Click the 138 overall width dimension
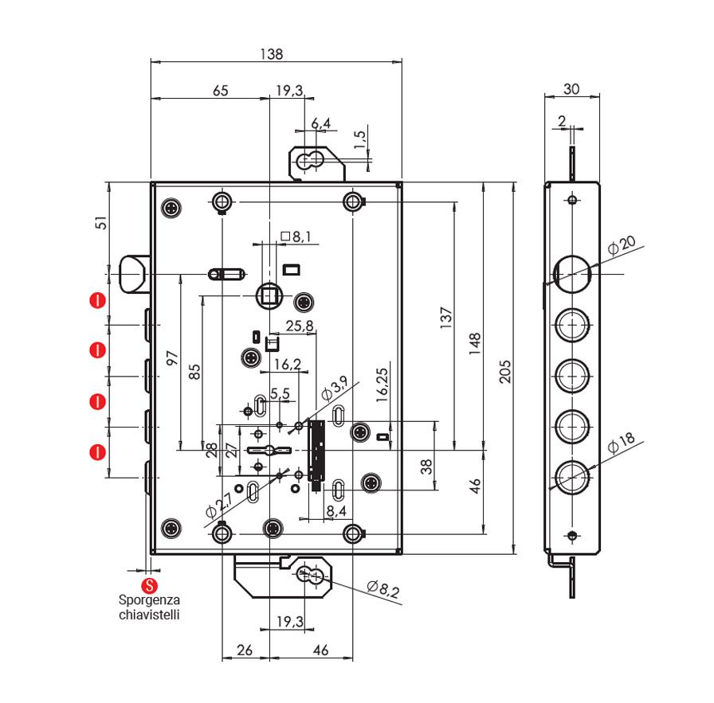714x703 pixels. (272, 54)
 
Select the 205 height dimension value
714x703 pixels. (505, 372)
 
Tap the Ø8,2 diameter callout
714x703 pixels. (383, 589)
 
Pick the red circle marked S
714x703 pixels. (149, 585)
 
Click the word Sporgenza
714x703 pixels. (149, 600)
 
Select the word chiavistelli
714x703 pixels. (149, 615)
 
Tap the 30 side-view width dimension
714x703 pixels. (571, 88)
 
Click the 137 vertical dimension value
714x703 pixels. (446, 318)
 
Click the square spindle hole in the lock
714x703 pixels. (269, 295)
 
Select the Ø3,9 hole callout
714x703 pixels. (334, 388)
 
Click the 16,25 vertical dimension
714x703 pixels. (382, 385)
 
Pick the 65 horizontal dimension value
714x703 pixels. (221, 91)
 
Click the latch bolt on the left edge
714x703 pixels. (133, 274)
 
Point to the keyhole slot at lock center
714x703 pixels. (269, 451)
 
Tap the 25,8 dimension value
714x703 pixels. (300, 326)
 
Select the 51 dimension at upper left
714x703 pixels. (101, 223)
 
